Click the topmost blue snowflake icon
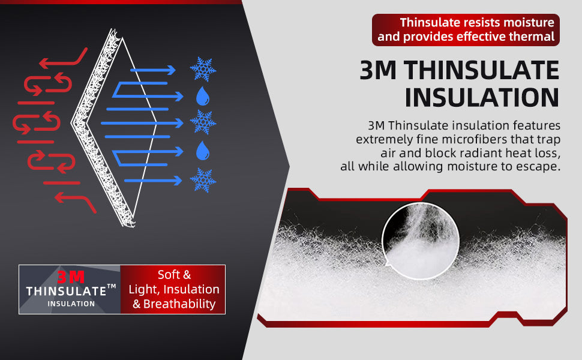tap(203, 70)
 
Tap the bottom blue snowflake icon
tap(203, 181)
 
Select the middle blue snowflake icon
tap(203, 122)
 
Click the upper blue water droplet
tap(203, 96)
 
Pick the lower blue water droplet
tap(203, 151)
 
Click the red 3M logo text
tap(71, 277)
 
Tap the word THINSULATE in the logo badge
tap(67, 292)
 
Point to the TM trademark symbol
tap(112, 287)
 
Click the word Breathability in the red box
tap(179, 304)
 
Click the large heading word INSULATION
tap(482, 98)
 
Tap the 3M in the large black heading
tap(378, 70)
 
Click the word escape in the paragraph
tap(541, 167)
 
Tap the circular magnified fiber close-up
tap(421, 241)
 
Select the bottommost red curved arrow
tap(76, 202)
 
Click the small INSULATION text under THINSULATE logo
tap(71, 304)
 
